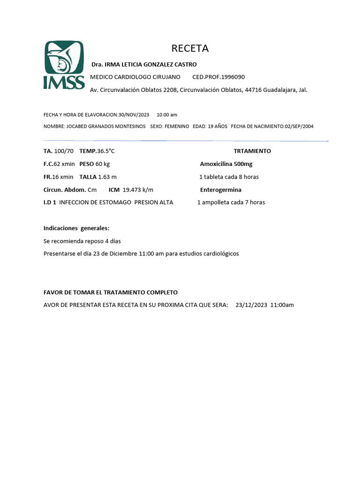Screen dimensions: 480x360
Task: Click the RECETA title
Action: click(190, 48)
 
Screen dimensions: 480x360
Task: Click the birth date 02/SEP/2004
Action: click(299, 127)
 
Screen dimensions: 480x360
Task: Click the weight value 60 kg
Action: click(103, 164)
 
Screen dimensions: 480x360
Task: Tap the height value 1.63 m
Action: click(107, 177)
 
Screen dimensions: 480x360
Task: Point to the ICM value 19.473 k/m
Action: click(138, 190)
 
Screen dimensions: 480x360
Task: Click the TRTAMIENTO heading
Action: click(252, 151)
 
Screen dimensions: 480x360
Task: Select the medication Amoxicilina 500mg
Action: click(226, 164)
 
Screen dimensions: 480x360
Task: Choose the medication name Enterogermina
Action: click(221, 190)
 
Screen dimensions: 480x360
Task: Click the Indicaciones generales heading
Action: click(76, 228)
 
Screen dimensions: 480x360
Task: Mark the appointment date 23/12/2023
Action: click(251, 305)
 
